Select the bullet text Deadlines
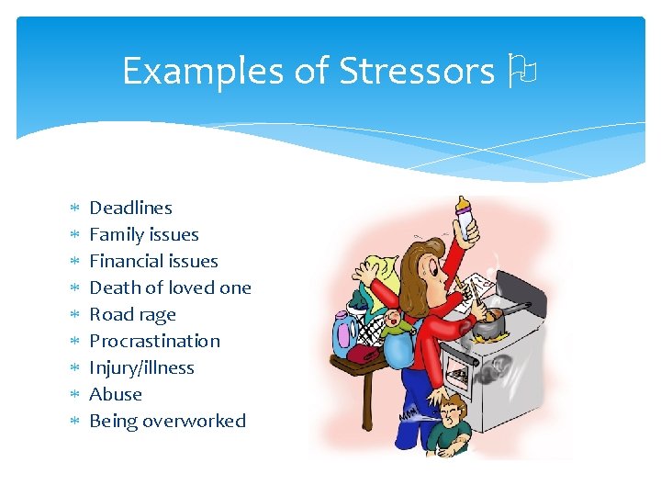click(130, 208)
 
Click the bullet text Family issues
click(143, 234)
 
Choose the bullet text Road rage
click(132, 314)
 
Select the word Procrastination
click(154, 341)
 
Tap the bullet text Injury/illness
click(141, 367)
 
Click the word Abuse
click(116, 394)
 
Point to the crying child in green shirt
click(450, 423)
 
